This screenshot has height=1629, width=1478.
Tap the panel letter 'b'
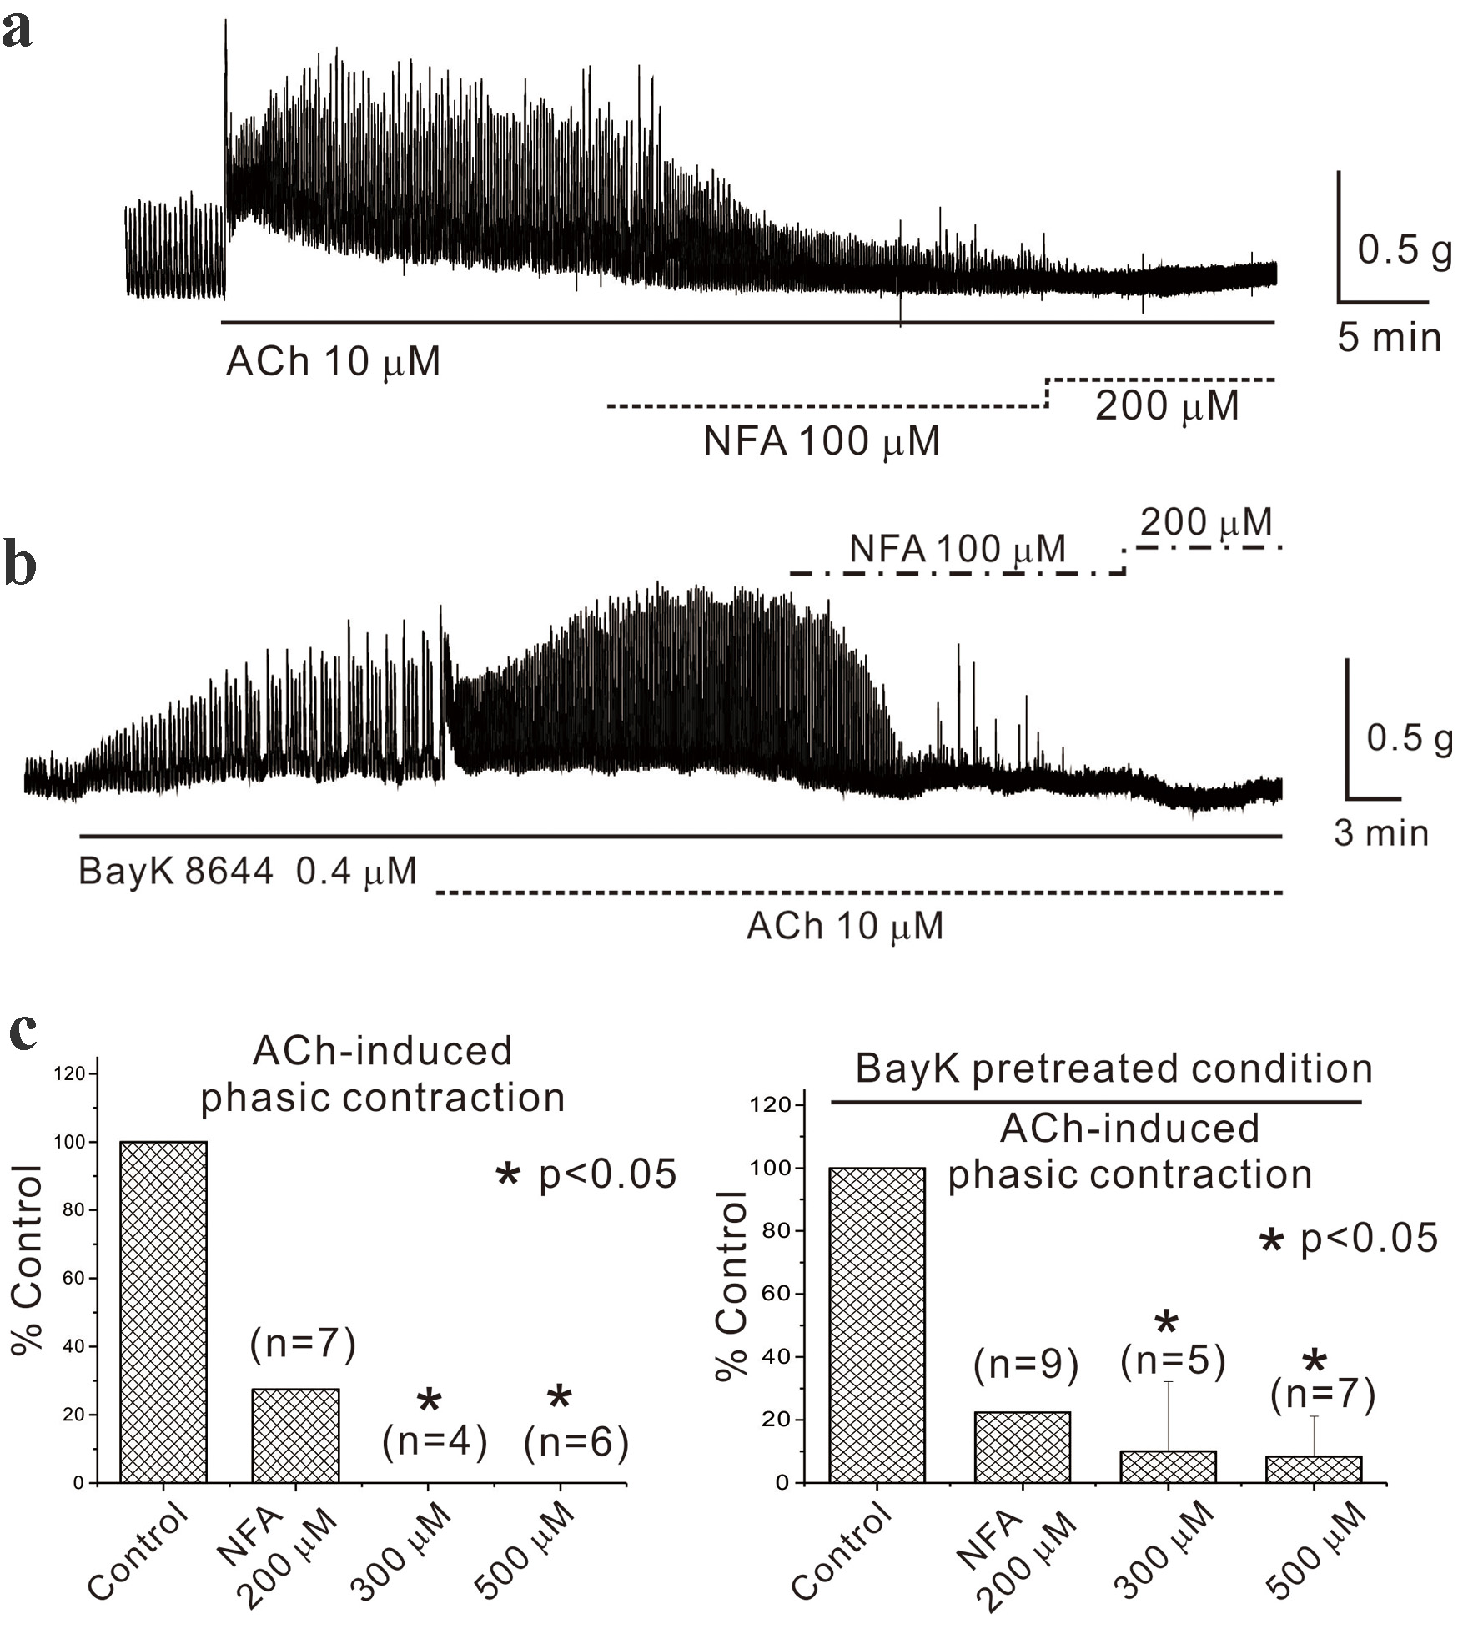(20, 564)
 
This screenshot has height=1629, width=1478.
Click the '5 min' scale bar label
(1389, 338)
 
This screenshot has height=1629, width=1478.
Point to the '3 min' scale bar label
(1381, 833)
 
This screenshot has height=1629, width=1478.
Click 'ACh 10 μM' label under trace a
(333, 362)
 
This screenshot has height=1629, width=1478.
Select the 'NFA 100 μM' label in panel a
(822, 441)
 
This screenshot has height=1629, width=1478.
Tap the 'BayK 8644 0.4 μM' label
(247, 872)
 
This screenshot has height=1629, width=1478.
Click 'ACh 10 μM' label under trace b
(844, 926)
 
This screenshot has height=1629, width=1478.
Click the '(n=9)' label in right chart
(1026, 1365)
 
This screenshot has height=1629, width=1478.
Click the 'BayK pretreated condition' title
(1114, 1068)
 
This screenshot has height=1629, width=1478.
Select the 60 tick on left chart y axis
(76, 1279)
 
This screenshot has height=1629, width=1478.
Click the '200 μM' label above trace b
(1206, 523)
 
